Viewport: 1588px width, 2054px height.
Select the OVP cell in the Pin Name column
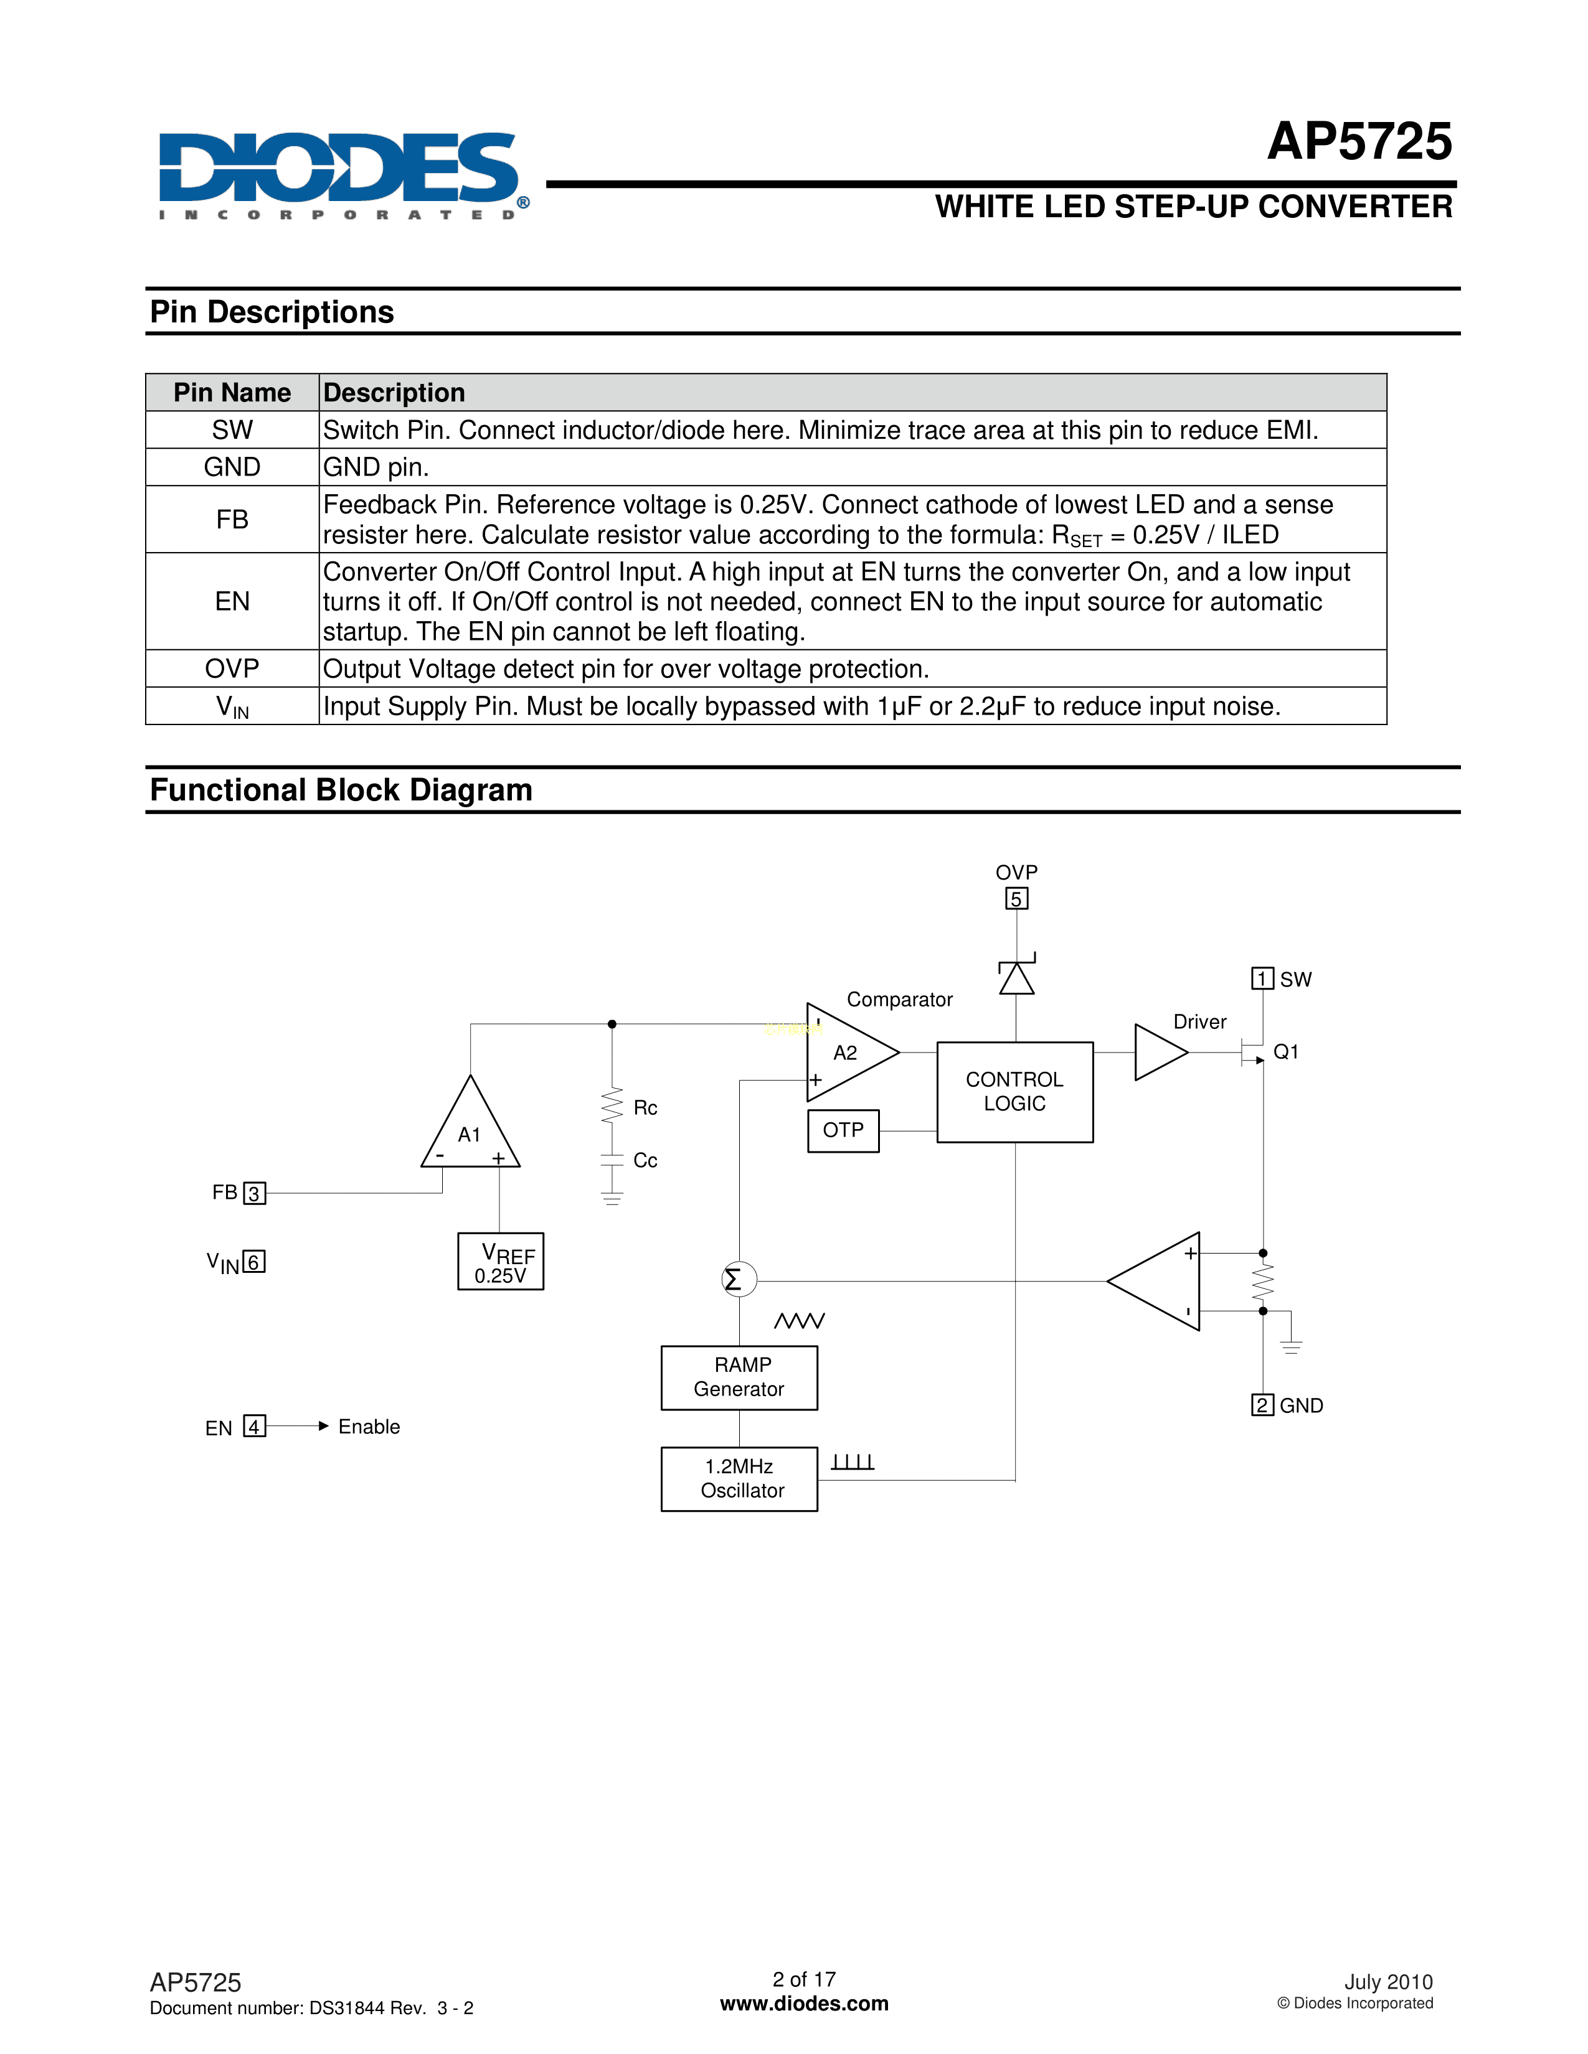pyautogui.click(x=232, y=668)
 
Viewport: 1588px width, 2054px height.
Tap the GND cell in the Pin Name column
pyautogui.click(x=232, y=467)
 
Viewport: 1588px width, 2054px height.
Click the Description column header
pyautogui.click(x=394, y=392)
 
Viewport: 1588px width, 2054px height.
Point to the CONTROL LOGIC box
pyautogui.click(x=1014, y=1092)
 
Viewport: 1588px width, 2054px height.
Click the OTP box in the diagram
pyautogui.click(x=843, y=1130)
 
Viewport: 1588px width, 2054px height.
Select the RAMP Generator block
pyautogui.click(x=739, y=1377)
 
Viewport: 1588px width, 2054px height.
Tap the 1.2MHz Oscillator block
pyautogui.click(x=739, y=1478)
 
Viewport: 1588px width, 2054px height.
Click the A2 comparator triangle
pyautogui.click(x=847, y=1053)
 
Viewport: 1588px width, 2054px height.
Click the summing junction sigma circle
pyautogui.click(x=739, y=1279)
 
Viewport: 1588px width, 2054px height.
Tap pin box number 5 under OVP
pyautogui.click(x=1016, y=899)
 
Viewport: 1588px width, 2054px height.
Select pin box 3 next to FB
pyautogui.click(x=254, y=1193)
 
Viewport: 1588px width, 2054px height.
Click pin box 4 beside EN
pyautogui.click(x=254, y=1426)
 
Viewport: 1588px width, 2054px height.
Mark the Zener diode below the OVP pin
pyautogui.click(x=1016, y=976)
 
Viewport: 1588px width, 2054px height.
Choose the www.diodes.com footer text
pyautogui.click(x=805, y=2003)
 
